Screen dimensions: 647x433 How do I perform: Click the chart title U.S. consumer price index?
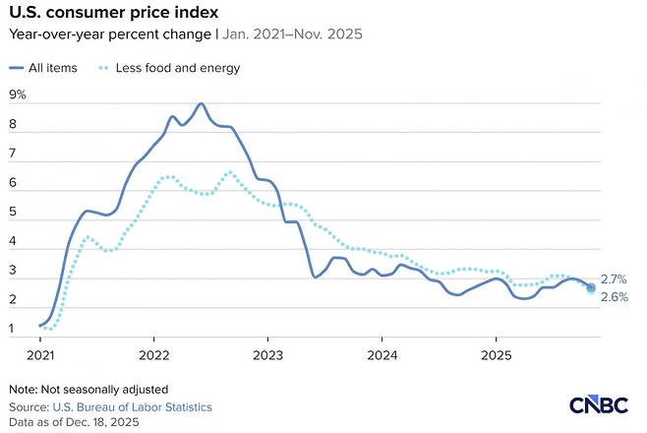tap(113, 13)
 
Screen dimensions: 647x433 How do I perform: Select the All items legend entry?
tap(43, 68)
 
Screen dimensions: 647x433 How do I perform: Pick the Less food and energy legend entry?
tap(169, 68)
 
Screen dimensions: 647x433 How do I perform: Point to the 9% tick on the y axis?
tap(18, 94)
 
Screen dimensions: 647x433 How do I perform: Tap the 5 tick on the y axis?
tap(13, 212)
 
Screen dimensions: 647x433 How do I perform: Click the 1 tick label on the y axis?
tap(12, 329)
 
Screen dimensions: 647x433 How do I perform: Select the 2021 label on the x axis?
tap(40, 355)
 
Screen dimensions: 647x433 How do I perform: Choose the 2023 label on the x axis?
tap(267, 355)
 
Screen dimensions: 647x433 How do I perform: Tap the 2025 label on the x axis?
tap(496, 355)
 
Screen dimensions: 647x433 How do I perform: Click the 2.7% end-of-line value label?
tap(614, 279)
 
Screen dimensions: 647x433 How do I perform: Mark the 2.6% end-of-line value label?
tap(614, 297)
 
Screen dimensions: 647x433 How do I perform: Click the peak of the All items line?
tap(201, 103)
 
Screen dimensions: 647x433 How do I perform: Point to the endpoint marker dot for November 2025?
tap(591, 287)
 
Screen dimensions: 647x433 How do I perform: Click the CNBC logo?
tap(598, 404)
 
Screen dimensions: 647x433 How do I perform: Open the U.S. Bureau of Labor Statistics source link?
tap(132, 407)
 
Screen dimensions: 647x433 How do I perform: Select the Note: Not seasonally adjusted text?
tap(88, 390)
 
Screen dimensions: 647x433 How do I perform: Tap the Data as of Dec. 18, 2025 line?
tap(74, 422)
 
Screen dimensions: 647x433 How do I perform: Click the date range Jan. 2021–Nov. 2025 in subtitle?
tap(293, 33)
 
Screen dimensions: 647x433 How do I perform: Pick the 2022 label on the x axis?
tap(154, 355)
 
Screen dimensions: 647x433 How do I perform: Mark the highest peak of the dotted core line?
tap(230, 172)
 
